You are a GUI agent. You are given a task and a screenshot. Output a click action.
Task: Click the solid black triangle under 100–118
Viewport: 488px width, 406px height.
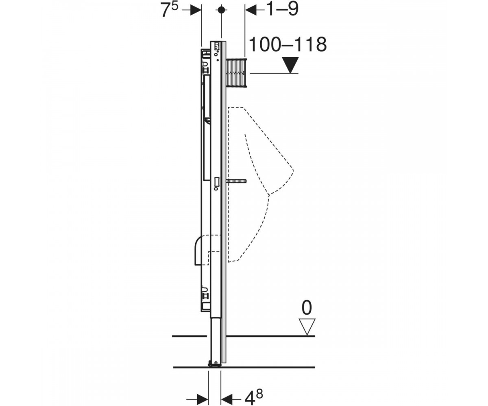pos(290,65)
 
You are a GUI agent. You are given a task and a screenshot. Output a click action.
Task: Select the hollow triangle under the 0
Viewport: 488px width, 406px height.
pos(307,327)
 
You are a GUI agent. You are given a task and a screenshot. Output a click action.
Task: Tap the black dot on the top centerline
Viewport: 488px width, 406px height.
pos(221,10)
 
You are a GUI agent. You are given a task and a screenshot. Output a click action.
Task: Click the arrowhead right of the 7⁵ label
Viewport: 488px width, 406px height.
pos(196,10)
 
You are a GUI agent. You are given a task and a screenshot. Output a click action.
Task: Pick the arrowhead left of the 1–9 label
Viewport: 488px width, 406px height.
pos(251,10)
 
